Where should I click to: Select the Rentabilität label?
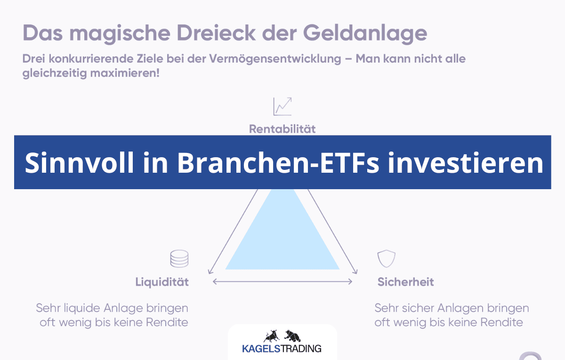coord(282,128)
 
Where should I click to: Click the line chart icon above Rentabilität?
coord(282,106)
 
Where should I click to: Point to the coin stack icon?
coord(179,259)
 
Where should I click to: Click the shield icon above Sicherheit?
coord(386,259)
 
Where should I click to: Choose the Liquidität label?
coord(162,282)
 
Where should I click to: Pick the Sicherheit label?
coord(405,282)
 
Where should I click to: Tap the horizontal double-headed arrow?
coord(282,281)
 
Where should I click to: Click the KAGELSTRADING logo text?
coord(282,349)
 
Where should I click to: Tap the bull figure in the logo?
coord(272,336)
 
